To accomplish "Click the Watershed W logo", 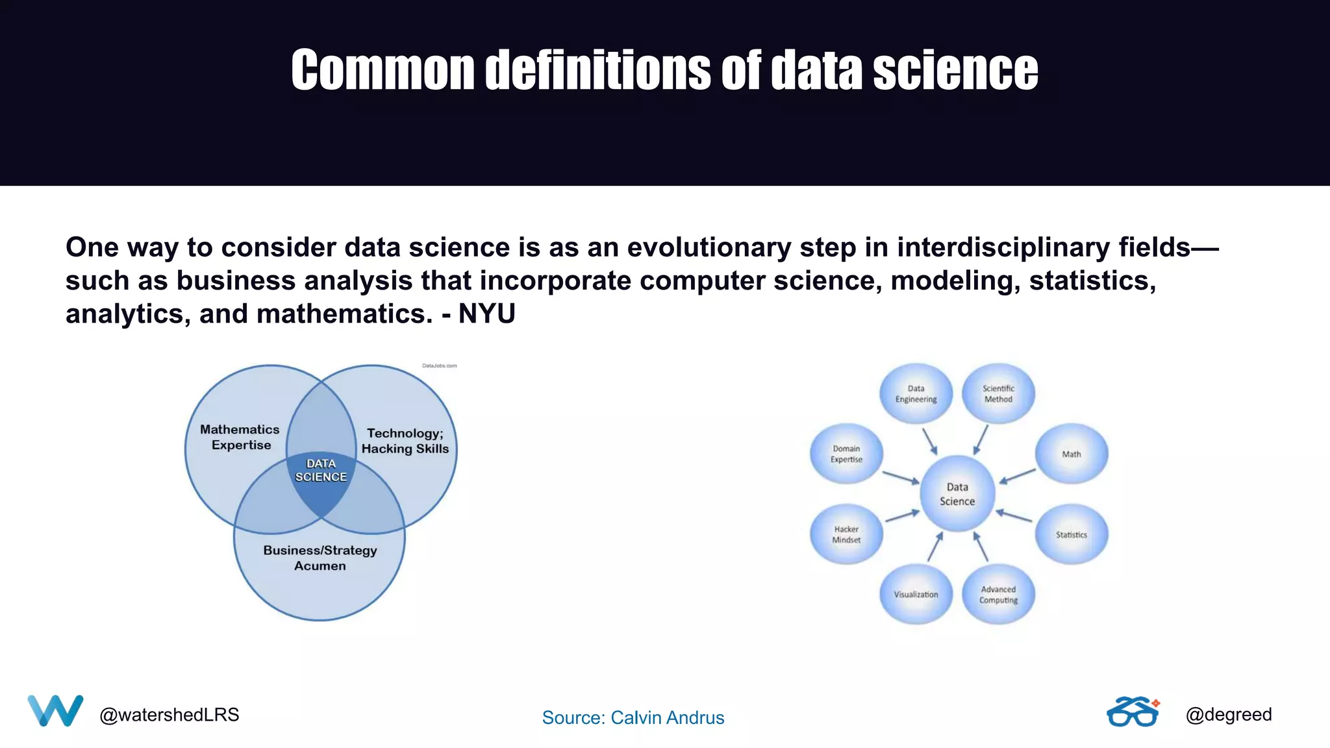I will [x=55, y=710].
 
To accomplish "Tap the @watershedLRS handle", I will [x=169, y=715].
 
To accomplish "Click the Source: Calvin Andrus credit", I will [x=633, y=717].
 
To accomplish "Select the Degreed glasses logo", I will [x=1133, y=712].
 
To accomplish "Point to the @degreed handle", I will [x=1228, y=714].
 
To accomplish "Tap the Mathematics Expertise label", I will [x=240, y=437].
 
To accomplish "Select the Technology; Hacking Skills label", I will [x=405, y=441].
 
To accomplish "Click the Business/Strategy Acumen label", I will [x=320, y=558].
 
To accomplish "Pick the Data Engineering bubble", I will [x=916, y=393].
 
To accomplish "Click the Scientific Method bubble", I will [x=998, y=393].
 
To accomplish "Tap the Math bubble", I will [x=1072, y=454].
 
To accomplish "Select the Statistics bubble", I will [x=1072, y=534].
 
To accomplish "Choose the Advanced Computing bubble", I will [x=998, y=594].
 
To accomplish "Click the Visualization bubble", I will [x=916, y=594].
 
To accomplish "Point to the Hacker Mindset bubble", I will [x=846, y=534].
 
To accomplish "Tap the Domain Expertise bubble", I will [x=846, y=454].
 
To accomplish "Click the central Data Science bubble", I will [x=957, y=493].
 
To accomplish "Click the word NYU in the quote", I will [x=486, y=314].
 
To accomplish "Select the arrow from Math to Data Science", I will [x=1018, y=476].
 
